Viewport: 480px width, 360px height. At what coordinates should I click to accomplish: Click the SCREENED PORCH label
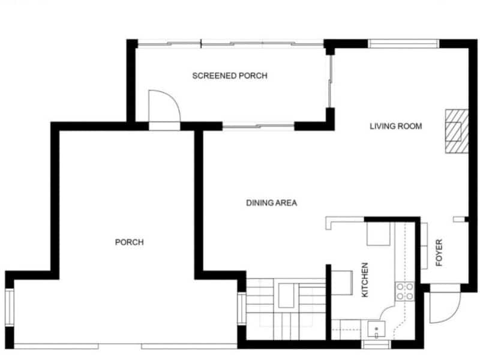click(229, 76)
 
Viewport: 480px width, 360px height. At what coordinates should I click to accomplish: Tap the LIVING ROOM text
click(395, 126)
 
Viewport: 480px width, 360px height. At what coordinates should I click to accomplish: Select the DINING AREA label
click(271, 203)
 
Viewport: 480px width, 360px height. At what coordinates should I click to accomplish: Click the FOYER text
click(439, 253)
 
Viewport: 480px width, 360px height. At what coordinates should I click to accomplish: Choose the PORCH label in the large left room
click(129, 242)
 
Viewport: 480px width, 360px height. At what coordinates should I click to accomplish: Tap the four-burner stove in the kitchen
click(404, 292)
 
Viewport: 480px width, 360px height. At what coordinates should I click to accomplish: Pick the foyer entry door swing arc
click(445, 307)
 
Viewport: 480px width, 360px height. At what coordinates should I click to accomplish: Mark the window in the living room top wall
click(404, 43)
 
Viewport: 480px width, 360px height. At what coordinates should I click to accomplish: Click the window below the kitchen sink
click(376, 344)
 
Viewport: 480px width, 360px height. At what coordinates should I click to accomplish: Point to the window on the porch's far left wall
click(9, 308)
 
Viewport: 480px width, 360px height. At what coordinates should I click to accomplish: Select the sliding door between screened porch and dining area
click(259, 127)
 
